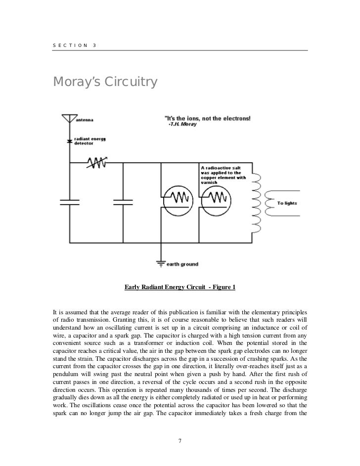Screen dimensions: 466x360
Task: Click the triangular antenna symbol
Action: (x=69, y=119)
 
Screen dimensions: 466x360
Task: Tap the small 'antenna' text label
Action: (x=85, y=120)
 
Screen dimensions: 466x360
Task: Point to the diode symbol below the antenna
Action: (x=69, y=141)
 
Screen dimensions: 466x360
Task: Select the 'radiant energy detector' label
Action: (x=87, y=141)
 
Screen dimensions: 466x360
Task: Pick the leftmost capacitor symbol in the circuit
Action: (x=69, y=202)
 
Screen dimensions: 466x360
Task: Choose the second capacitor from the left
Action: (x=123, y=202)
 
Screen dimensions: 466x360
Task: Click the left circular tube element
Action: (x=176, y=199)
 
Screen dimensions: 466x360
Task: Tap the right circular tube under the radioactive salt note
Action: (x=218, y=199)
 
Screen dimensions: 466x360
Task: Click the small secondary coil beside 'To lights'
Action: (x=270, y=203)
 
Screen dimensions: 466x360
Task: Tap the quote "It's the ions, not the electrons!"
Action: (x=207, y=118)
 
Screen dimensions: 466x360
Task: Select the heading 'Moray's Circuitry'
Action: (x=105, y=82)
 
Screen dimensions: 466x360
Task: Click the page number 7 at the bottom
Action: (x=180, y=440)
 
